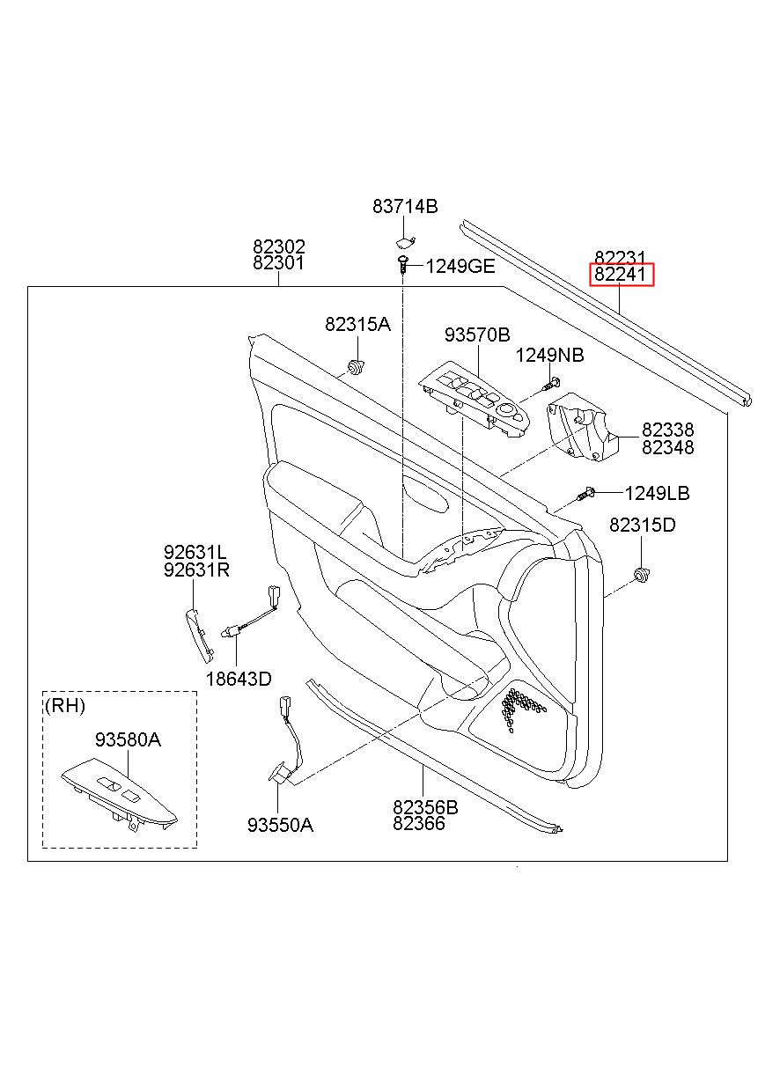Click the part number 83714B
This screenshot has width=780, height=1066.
click(x=405, y=207)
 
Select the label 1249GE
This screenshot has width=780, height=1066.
click(x=460, y=267)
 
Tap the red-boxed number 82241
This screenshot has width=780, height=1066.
click(x=621, y=274)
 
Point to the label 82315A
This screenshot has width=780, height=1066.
click(x=358, y=324)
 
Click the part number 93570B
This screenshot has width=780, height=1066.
click(x=477, y=335)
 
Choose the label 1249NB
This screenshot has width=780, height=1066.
click(x=550, y=355)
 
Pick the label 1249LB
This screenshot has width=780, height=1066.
click(x=658, y=494)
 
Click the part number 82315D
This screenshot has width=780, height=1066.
click(x=643, y=525)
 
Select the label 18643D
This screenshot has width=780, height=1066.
click(x=239, y=679)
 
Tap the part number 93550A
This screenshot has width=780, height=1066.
click(x=280, y=825)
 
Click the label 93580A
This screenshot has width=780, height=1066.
click(x=128, y=739)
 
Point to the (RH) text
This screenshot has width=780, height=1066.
click(x=65, y=705)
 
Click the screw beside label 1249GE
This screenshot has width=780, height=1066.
click(x=403, y=265)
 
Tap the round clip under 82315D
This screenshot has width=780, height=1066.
click(x=643, y=576)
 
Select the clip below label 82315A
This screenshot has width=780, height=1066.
click(x=356, y=367)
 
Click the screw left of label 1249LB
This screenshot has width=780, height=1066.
click(x=585, y=494)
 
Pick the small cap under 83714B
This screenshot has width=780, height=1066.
click(x=404, y=242)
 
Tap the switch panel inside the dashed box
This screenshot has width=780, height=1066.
click(x=119, y=794)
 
